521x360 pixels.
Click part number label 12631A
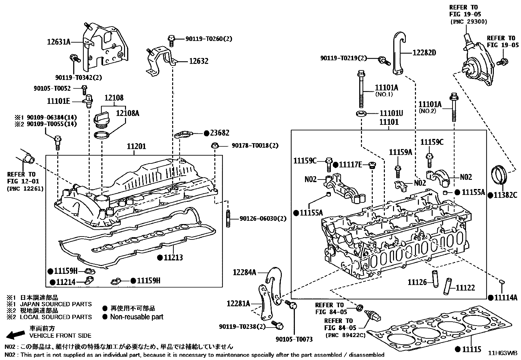click(x=58, y=42)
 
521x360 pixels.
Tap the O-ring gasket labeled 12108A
click(x=101, y=135)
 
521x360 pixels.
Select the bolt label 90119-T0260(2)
click(x=209, y=39)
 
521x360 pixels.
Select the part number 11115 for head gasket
click(x=472, y=350)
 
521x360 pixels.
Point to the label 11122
click(x=465, y=288)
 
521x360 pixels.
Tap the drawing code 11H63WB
click(x=503, y=353)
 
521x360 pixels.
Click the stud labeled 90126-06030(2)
click(x=228, y=218)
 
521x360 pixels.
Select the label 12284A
click(x=244, y=272)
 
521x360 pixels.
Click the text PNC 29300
click(x=469, y=22)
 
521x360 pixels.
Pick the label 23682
click(x=220, y=133)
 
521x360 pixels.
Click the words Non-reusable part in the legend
click(x=136, y=317)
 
